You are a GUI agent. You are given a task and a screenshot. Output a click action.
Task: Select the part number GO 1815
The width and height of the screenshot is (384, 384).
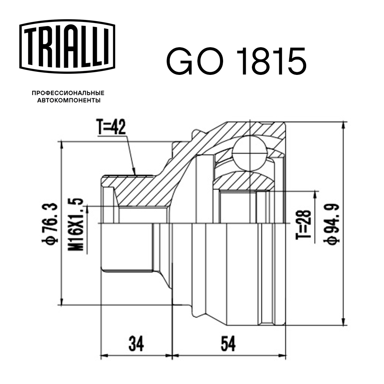pos(236,61)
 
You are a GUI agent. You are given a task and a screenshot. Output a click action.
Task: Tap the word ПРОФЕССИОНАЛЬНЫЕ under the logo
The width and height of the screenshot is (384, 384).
pos(68,93)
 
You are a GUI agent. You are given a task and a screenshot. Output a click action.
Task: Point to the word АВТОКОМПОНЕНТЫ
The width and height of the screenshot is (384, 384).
pos(68,101)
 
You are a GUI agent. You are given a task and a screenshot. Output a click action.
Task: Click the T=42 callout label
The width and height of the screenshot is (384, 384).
pos(111,128)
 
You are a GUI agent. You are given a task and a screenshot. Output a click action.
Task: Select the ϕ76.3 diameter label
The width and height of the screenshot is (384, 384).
pos(51,222)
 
